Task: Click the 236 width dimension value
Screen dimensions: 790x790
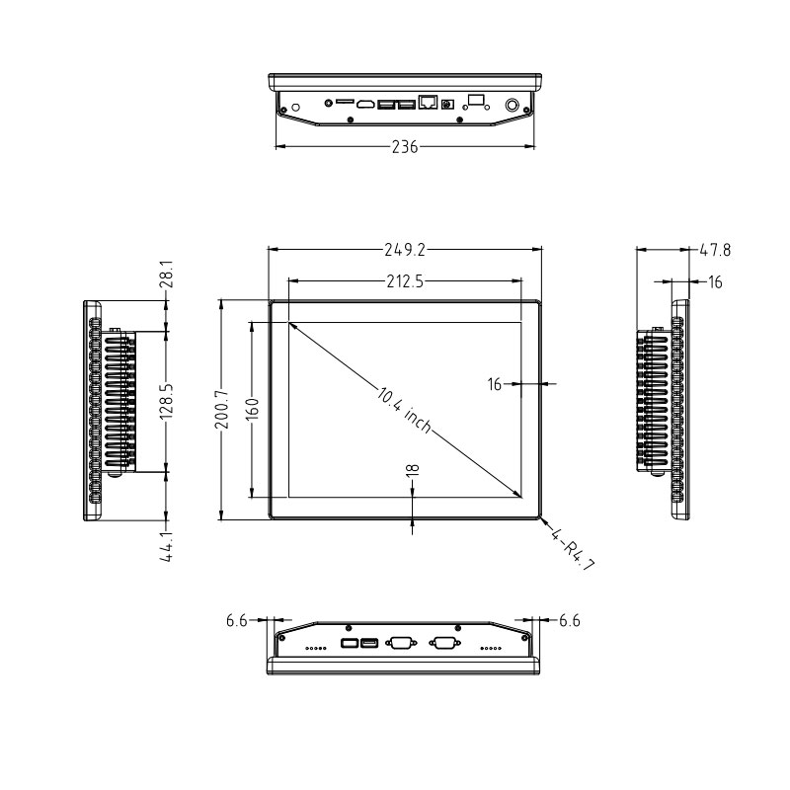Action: point(405,146)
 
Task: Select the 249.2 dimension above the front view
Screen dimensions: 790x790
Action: point(405,250)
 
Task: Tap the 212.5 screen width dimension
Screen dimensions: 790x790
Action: point(405,281)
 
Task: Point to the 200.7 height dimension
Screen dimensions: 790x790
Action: point(223,409)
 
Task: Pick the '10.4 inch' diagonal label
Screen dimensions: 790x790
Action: point(404,409)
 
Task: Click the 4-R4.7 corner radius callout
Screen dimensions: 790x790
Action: point(573,549)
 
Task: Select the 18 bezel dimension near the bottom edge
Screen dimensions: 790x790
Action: point(412,470)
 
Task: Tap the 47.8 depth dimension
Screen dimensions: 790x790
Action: point(715,250)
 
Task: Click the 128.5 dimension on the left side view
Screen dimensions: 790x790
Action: point(167,402)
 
